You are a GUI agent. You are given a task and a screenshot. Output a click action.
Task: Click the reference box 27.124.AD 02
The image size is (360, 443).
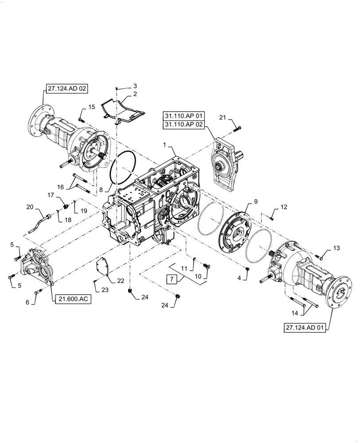pyautogui.click(x=66, y=89)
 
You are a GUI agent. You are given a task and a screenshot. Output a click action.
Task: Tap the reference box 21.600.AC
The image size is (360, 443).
pyautogui.click(x=73, y=299)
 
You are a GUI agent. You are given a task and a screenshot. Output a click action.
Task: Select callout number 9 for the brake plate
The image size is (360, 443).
pyautogui.click(x=255, y=202)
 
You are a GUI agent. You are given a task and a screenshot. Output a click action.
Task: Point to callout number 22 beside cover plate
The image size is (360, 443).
pyautogui.click(x=121, y=280)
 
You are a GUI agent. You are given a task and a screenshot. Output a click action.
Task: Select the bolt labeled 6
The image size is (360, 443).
pyautogui.click(x=37, y=291)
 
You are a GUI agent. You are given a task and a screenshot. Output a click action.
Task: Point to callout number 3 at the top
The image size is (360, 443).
pyautogui.click(x=123, y=85)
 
